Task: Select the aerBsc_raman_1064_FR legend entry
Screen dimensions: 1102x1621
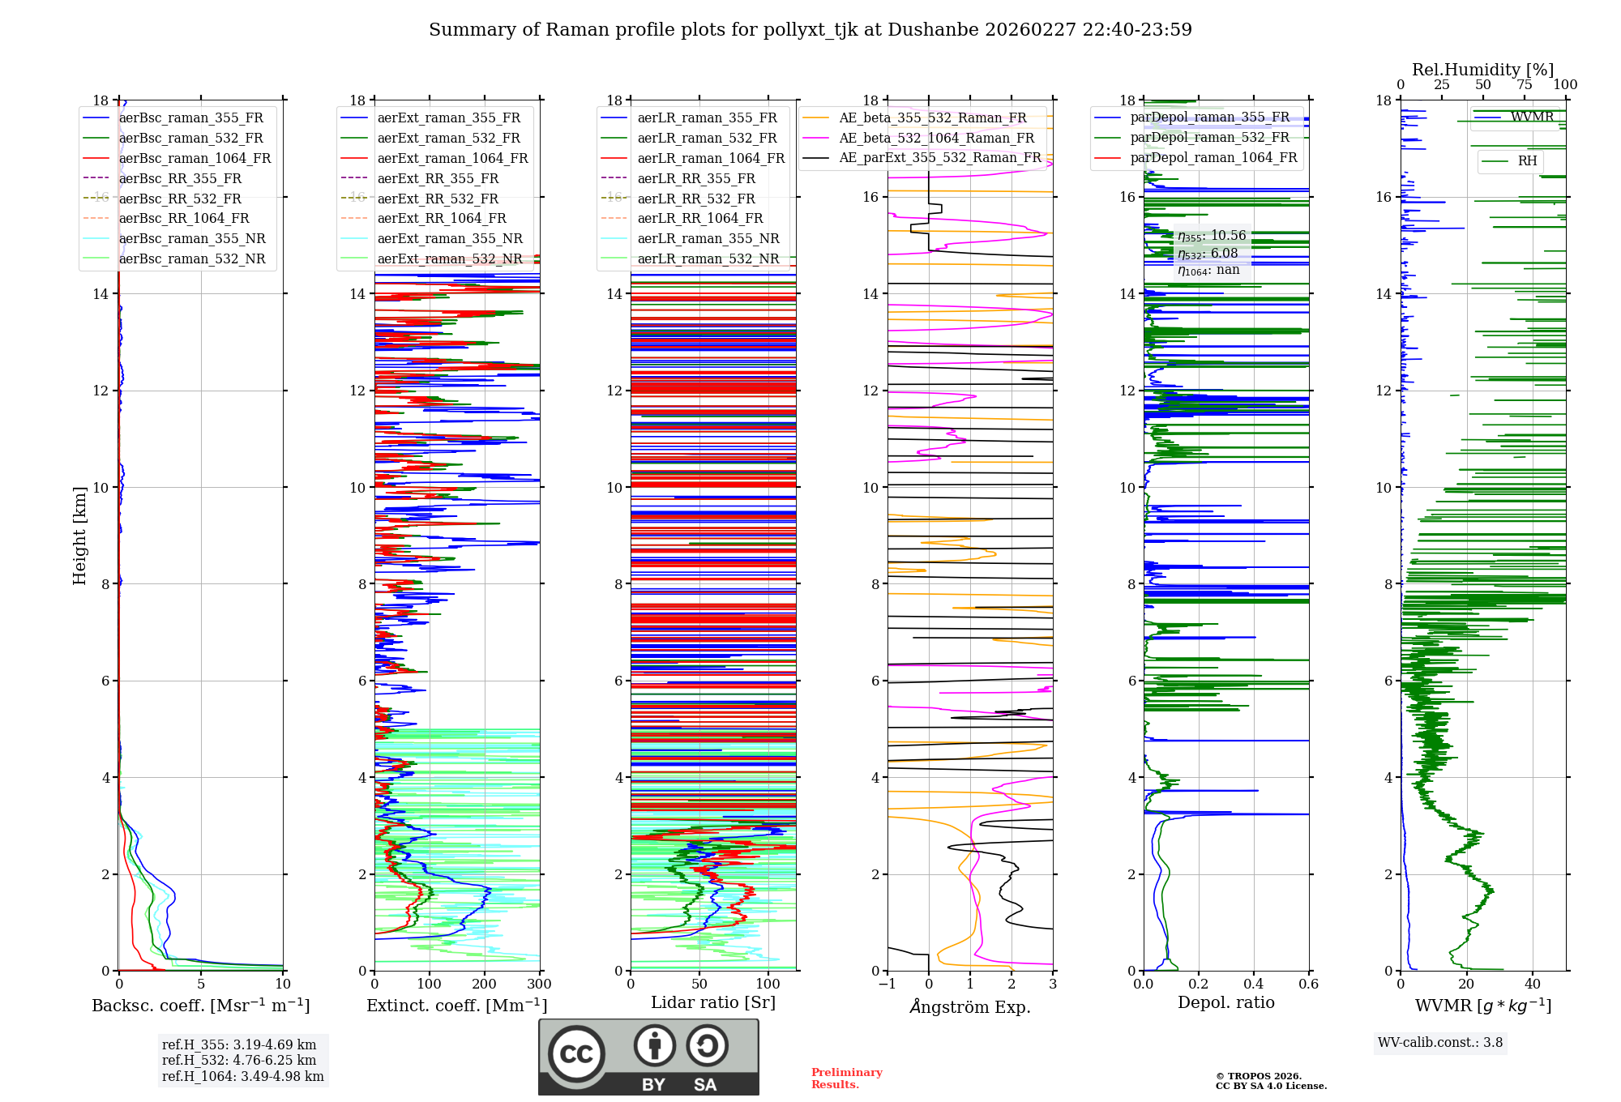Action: [x=195, y=158]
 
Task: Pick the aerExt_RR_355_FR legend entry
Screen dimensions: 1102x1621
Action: [x=438, y=178]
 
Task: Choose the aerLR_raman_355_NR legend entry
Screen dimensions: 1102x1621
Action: [x=708, y=238]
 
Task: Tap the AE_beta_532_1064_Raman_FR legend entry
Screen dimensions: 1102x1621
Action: [x=936, y=138]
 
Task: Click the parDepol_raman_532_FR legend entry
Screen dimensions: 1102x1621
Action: [x=1209, y=137]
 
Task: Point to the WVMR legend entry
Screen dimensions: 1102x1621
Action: [x=1531, y=117]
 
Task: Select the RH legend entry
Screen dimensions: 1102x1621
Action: [x=1527, y=160]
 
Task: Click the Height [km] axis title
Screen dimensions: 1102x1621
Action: [x=79, y=535]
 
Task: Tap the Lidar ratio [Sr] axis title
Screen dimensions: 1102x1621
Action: [x=713, y=1002]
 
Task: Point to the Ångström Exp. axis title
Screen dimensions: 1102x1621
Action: [x=970, y=1006]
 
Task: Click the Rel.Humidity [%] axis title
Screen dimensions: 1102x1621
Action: [x=1482, y=70]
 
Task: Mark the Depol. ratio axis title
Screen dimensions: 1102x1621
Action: [x=1225, y=1002]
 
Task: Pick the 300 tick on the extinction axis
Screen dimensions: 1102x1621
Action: [x=539, y=985]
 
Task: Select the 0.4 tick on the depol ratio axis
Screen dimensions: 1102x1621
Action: [x=1254, y=985]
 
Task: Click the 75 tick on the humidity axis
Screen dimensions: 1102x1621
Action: [x=1525, y=84]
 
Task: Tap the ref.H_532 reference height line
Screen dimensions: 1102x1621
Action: [x=239, y=1060]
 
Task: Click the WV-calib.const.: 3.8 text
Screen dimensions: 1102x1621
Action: [x=1440, y=1042]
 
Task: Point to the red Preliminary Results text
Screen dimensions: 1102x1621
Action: [x=846, y=1078]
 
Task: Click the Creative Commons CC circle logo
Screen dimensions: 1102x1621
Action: [x=576, y=1053]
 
